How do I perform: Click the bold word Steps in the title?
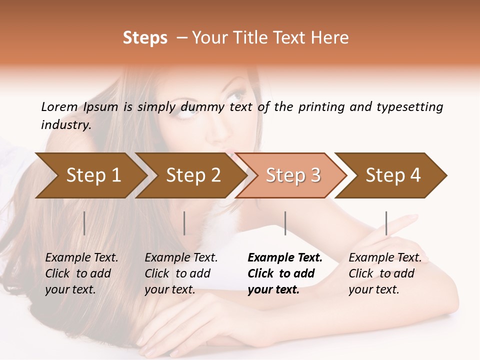[145, 38]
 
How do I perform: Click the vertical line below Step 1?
[84, 223]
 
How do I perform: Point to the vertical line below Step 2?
[184, 223]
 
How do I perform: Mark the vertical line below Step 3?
[285, 223]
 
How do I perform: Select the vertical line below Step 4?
[386, 223]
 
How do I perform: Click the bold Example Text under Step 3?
[285, 258]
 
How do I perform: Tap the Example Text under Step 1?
[81, 258]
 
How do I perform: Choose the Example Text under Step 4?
[385, 258]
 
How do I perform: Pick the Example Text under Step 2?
[181, 258]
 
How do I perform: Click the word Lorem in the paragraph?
[59, 107]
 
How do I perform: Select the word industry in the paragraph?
[66, 125]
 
